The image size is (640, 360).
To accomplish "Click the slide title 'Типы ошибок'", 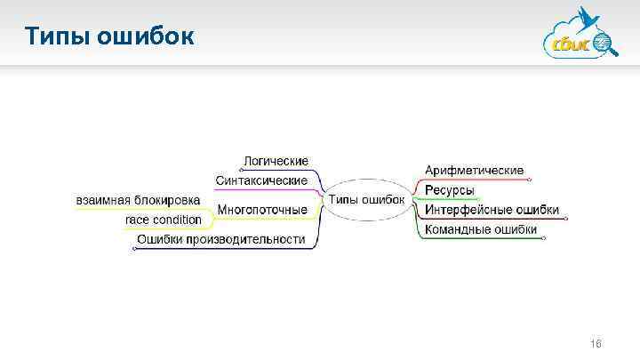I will coord(108,37).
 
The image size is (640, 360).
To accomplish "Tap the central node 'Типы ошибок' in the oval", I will coord(366,199).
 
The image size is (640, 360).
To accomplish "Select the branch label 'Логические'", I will coord(276,161).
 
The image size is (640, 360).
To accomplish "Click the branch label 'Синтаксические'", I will coord(261,180).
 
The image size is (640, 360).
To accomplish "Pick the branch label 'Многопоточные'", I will coord(262,210).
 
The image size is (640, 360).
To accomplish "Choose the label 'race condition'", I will coord(163,220).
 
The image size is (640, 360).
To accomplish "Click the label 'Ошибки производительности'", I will coord(220,239).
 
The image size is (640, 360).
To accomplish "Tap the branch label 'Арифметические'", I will coord(474,170).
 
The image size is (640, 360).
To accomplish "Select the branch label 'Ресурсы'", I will coord(449,190).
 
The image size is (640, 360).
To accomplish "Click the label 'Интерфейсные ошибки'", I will coord(492,210).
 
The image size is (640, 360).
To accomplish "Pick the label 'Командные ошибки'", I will coord(481,229).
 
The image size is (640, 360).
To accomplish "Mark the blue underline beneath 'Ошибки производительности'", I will coord(222,249).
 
